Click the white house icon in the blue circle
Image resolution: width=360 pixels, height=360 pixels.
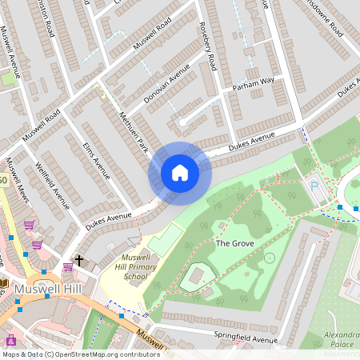(180, 172)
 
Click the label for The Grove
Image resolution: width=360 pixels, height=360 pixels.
(234, 242)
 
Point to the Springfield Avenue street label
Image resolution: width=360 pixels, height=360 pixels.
(245, 338)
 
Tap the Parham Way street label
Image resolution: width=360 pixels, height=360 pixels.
(253, 82)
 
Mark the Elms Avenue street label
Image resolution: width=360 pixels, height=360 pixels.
(96, 159)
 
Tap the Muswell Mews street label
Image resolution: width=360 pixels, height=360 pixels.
(19, 180)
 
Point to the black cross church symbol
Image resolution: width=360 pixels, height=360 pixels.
(78, 262)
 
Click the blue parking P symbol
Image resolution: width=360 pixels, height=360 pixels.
(314, 186)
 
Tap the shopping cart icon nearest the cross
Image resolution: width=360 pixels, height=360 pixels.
(37, 244)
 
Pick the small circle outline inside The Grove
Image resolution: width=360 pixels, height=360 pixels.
(270, 258)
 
